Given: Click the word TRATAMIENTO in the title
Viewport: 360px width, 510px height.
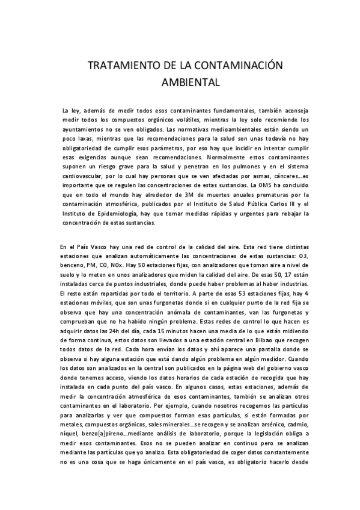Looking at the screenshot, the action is pyautogui.click(x=118, y=66).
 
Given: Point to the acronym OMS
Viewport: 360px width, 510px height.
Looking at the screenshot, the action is pyautogui.click(x=267, y=185).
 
